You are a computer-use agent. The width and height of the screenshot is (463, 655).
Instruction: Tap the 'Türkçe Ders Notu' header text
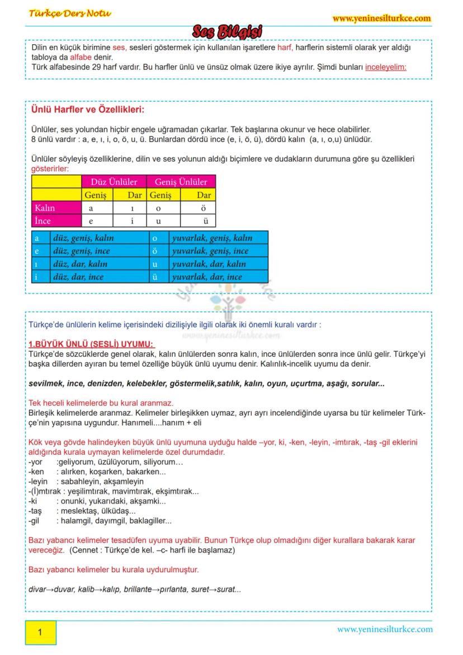click(70, 13)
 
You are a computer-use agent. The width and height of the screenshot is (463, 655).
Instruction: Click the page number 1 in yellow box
click(40, 633)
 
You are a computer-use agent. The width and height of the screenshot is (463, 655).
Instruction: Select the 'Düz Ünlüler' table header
click(114, 182)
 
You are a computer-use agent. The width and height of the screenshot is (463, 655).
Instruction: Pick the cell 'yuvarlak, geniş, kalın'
click(212, 238)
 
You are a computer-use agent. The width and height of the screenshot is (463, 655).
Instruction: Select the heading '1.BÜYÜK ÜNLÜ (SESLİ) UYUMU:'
click(91, 344)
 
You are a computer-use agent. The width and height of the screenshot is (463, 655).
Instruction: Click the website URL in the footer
click(384, 629)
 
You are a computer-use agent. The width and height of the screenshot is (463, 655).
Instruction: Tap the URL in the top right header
click(381, 18)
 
